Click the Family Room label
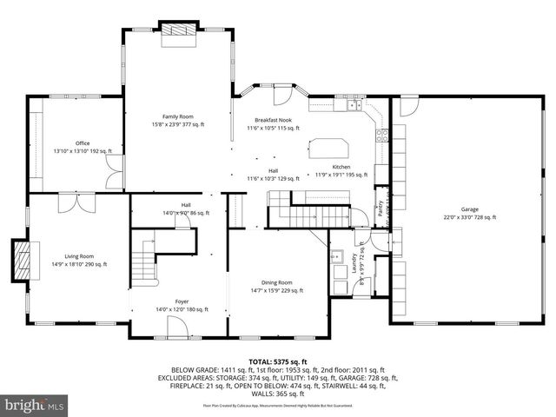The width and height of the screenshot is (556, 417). pyautogui.click(x=178, y=116)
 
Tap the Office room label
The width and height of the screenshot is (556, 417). pyautogui.click(x=83, y=143)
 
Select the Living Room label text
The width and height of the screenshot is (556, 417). pyautogui.click(x=78, y=256)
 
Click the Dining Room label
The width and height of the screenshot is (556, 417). pyautogui.click(x=277, y=282)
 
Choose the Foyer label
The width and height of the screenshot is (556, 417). pyautogui.click(x=181, y=301)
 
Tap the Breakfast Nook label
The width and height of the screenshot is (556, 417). pyautogui.click(x=273, y=120)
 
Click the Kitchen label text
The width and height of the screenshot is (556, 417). pyautogui.click(x=341, y=167)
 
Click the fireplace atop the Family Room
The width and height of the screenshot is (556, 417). pyautogui.click(x=179, y=28)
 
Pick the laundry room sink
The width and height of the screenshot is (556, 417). pyautogui.click(x=338, y=255)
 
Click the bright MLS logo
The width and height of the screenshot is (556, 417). pyautogui.click(x=35, y=404)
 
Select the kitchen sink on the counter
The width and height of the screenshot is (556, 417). pyautogui.click(x=354, y=106)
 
